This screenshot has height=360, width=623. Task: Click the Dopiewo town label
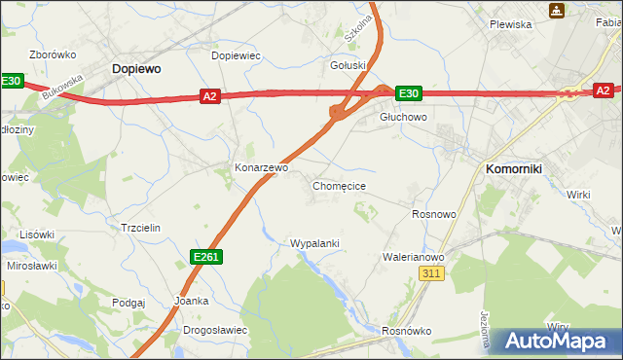click(136, 69)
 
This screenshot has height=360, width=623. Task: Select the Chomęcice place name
click(339, 185)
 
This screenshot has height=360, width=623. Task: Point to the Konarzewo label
click(261, 167)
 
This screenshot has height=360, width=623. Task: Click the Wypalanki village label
click(314, 242)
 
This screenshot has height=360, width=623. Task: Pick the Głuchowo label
click(403, 117)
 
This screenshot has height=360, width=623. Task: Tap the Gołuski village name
click(348, 66)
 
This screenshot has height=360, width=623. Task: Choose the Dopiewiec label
click(236, 55)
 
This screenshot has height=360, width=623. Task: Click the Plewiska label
click(510, 24)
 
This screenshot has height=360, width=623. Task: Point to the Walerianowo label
click(414, 257)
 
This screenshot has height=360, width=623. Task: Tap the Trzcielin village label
click(140, 227)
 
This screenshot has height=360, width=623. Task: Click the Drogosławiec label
click(215, 330)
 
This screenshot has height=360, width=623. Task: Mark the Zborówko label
click(54, 54)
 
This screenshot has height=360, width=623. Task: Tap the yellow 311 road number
click(433, 274)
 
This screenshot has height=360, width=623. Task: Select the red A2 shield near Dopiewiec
click(210, 95)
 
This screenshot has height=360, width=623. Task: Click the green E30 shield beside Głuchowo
click(408, 93)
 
